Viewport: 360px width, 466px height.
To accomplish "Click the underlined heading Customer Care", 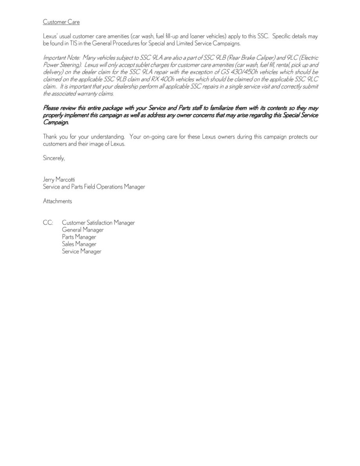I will pos(61,22).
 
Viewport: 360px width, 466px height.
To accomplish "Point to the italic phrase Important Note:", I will pos(61,58).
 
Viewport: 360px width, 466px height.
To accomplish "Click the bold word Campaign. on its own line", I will pos(56,122).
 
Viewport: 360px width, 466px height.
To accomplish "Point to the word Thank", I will pos(50,137).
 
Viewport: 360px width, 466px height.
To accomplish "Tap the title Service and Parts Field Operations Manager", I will pos(94,187).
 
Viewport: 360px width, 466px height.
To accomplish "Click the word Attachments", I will pos(57,201).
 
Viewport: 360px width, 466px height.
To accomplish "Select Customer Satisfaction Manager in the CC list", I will pos(98,223).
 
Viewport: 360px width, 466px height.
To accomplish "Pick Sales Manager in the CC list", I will pos(79,244).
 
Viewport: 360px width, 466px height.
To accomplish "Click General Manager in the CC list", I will pos(82,230).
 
